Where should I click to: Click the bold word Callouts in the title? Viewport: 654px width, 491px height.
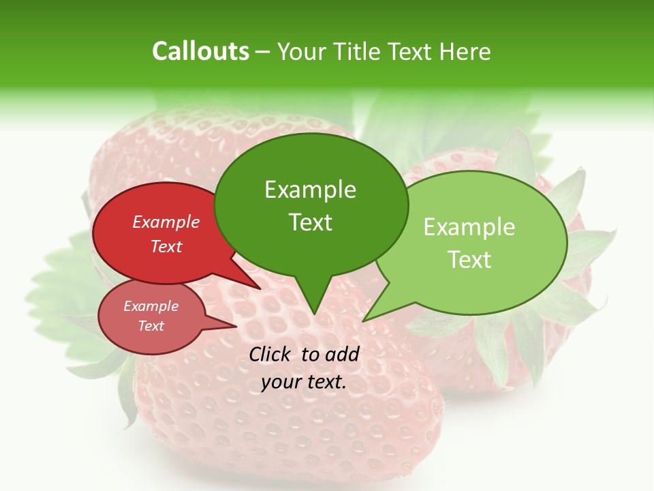(200, 51)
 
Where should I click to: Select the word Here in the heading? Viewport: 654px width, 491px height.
(465, 51)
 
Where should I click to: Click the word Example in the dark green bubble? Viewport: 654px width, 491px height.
(310, 190)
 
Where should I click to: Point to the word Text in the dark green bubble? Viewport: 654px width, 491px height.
(310, 222)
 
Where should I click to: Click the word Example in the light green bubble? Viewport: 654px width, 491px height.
(469, 227)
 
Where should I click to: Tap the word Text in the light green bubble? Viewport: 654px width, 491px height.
(469, 260)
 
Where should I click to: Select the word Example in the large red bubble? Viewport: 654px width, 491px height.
(166, 222)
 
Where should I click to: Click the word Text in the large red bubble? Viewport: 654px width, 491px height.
(166, 246)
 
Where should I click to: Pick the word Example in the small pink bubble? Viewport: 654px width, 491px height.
(151, 306)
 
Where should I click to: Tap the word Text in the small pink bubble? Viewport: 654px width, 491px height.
(151, 326)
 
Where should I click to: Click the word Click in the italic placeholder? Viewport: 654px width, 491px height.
(271, 354)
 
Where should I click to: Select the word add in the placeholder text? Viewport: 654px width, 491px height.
(342, 354)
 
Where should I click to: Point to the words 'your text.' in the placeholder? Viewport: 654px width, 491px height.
(304, 382)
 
